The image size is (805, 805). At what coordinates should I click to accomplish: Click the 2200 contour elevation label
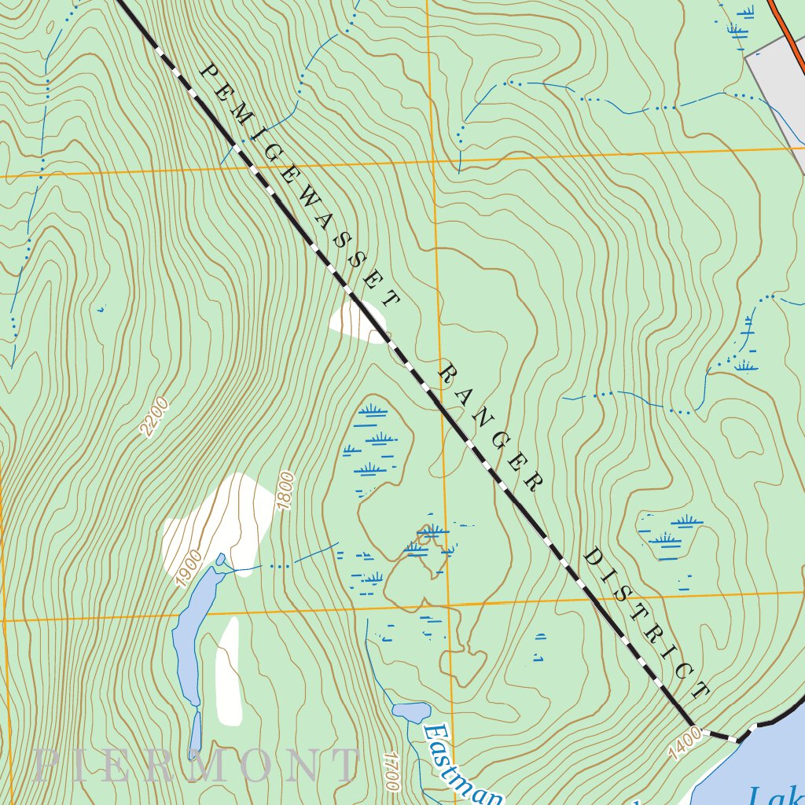(155, 417)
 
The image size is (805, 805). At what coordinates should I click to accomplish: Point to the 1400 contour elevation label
(686, 743)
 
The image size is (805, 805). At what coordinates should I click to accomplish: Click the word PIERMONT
(197, 765)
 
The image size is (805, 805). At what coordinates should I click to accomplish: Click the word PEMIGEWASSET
(300, 185)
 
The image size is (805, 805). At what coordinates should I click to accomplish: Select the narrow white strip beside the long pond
(229, 672)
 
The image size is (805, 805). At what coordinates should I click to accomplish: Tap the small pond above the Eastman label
(411, 712)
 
